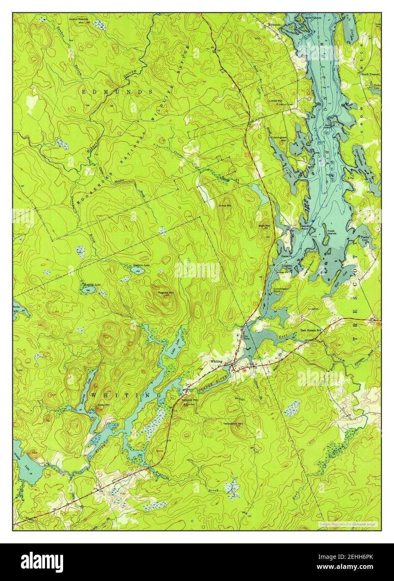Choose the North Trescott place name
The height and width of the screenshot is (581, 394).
tap(371, 74)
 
